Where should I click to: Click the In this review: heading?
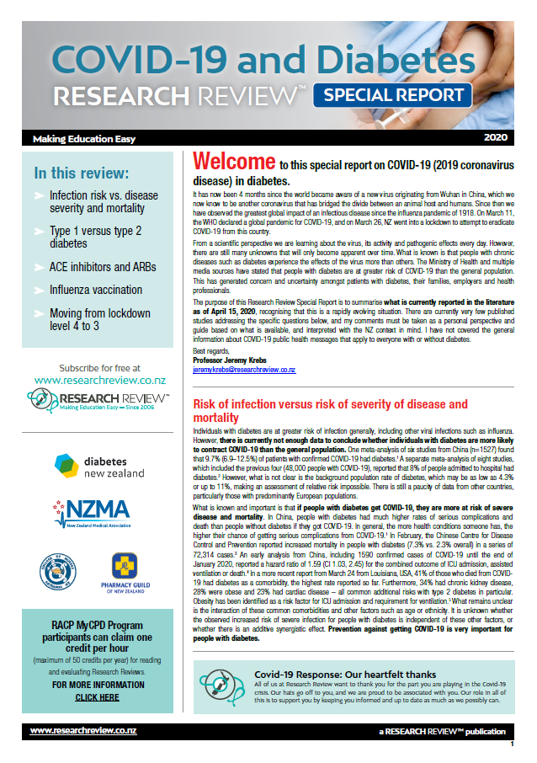(x=82, y=174)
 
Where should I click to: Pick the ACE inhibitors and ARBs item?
(x=102, y=266)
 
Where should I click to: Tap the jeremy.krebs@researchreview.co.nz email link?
(x=243, y=369)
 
